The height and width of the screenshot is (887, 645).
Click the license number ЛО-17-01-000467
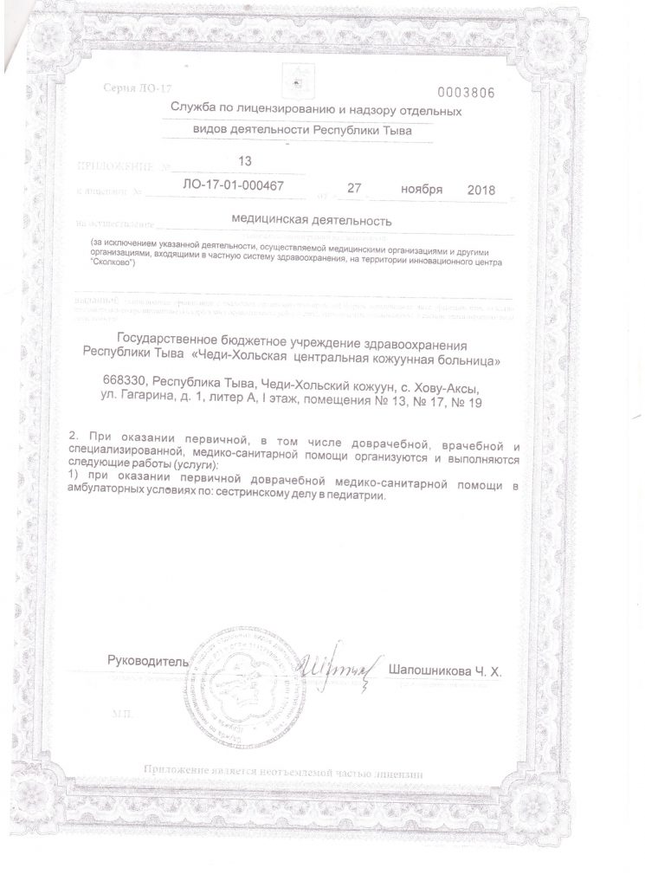tap(235, 185)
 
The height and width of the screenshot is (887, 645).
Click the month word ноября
tap(422, 188)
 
